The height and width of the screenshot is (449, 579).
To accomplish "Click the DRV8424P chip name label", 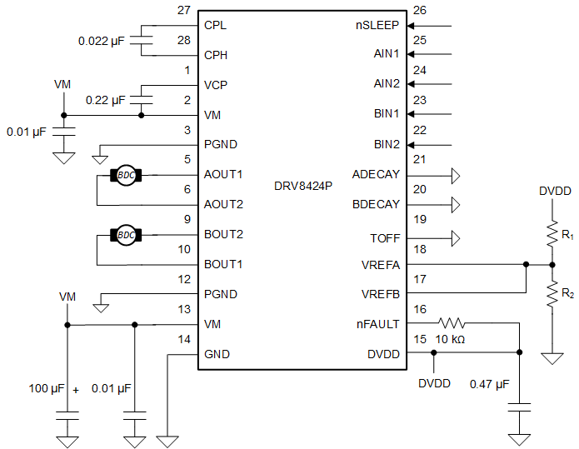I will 302,184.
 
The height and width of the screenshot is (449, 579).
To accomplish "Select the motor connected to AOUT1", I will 126,175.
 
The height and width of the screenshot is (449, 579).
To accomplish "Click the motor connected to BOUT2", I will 126,235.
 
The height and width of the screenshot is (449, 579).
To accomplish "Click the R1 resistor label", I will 568,236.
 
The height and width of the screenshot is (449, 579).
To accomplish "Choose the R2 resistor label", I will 568,294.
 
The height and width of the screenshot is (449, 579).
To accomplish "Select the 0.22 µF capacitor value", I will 105,100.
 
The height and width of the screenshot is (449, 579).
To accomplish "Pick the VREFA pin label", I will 380,265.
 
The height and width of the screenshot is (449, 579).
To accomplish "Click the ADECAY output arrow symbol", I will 455,175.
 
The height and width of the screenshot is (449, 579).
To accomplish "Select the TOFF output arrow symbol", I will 455,238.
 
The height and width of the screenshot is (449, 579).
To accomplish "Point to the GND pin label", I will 217,354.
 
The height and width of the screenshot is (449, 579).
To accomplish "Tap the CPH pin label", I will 216,55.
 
